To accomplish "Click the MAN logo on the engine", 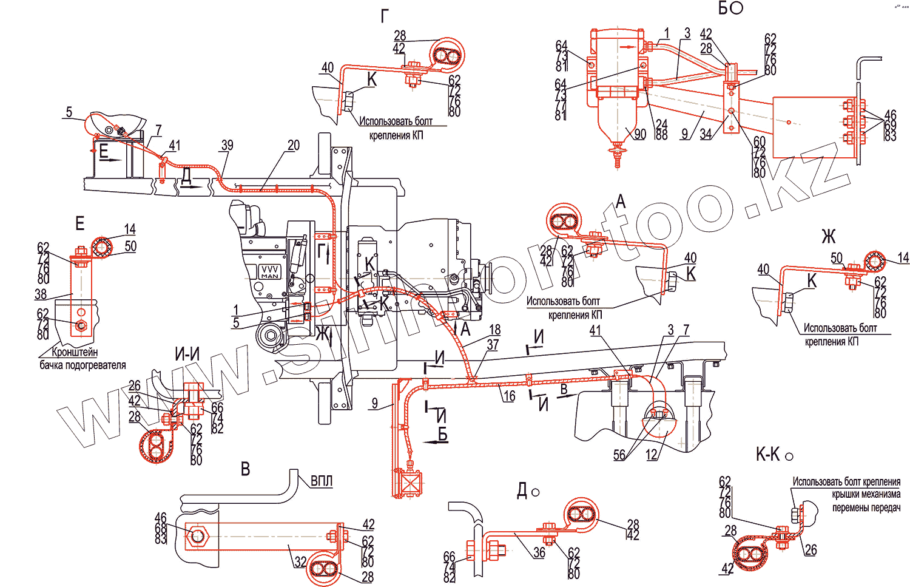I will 269,272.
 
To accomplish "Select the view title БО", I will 730,8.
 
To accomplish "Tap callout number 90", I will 639,134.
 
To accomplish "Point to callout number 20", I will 294,145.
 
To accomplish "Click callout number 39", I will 227,145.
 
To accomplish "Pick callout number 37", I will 493,345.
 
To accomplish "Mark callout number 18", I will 495,330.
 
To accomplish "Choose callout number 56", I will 619,455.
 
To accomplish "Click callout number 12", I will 652,455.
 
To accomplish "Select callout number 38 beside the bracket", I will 41,294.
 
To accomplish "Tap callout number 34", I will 706,134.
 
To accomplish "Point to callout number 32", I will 300,562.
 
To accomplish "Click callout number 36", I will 539,552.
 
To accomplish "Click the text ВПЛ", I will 322,481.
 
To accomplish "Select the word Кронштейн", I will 75,352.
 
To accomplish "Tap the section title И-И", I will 187,355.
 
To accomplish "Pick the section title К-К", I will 767,454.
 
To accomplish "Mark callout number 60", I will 760,142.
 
